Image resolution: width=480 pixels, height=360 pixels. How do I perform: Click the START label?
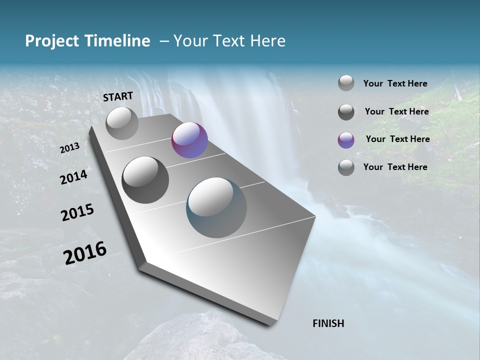click(118, 96)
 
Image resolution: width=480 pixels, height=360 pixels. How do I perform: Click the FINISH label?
click(328, 323)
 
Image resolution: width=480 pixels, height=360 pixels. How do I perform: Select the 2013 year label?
click(69, 148)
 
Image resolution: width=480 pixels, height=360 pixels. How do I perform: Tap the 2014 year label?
click(73, 177)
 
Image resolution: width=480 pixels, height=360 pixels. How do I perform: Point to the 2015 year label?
click(77, 212)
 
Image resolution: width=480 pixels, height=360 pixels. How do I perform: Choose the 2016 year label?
click(85, 252)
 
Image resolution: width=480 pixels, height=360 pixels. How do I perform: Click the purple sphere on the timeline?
click(189, 140)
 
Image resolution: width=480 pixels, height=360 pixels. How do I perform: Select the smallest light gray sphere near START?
click(122, 123)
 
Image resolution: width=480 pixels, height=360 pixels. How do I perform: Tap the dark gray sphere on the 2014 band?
click(145, 179)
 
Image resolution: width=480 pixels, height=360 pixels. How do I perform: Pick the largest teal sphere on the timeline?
click(216, 207)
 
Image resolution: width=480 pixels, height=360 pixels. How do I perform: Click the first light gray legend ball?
click(346, 83)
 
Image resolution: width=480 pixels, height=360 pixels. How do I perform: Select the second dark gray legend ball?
click(346, 112)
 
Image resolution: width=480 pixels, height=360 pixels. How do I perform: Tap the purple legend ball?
click(346, 140)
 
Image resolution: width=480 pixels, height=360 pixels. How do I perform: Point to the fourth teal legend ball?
click(346, 167)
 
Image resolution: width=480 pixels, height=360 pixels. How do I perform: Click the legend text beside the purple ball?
click(397, 139)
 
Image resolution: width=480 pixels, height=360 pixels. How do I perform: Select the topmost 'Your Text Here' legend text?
click(395, 83)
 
